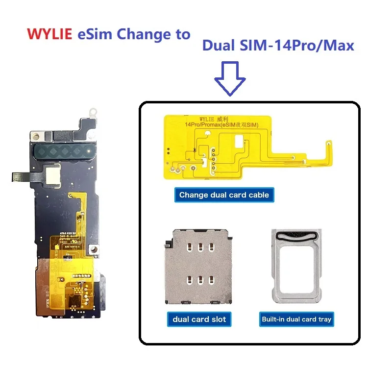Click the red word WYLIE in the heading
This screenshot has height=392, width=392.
[x=50, y=36]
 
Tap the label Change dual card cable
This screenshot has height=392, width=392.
[x=224, y=195]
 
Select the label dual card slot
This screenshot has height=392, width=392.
[x=198, y=319]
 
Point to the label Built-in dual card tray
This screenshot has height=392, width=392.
[x=296, y=319]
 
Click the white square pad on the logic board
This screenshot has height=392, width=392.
[x=51, y=172]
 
